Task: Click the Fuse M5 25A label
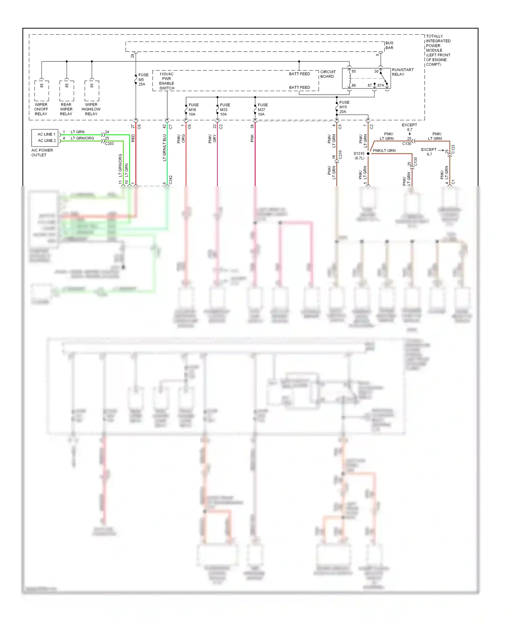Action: pos(143,79)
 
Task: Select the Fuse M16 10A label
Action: pos(193,109)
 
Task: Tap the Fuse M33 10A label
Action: pos(225,109)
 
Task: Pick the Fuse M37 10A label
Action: pos(262,109)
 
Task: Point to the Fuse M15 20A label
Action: pos(344,107)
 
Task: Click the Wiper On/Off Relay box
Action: pos(41,90)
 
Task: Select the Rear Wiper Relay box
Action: pos(67,90)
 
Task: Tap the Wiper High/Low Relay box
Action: pos(92,90)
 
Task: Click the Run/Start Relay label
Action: pos(403,72)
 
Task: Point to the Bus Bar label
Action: pos(389,45)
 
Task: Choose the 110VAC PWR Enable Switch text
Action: pos(167,81)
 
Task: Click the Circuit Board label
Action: pos(328,74)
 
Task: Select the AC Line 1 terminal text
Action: pos(46,134)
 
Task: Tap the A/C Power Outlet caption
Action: pos(42,153)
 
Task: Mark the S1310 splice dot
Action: pos(368,154)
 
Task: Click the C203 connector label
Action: pos(109,144)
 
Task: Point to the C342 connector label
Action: pos(171,180)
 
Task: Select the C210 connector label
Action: pos(340,155)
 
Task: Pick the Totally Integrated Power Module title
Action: pos(438,50)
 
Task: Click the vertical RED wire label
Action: pos(133,138)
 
